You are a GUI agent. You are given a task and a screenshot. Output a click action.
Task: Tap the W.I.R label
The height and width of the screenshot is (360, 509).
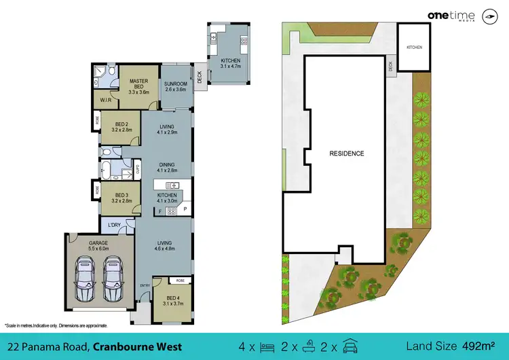(105, 100)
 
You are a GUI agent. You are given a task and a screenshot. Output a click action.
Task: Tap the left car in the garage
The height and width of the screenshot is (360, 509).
(86, 279)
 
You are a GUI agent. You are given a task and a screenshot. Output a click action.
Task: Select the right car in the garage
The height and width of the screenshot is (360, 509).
(114, 279)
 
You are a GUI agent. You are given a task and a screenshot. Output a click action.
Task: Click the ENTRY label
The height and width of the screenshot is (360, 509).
(145, 286)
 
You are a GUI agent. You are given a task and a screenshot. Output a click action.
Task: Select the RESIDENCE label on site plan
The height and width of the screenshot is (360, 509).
(347, 154)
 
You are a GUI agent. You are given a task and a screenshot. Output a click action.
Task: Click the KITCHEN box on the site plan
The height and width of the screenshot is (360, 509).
(413, 48)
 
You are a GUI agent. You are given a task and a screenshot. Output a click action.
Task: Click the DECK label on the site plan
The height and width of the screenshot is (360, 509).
(390, 66)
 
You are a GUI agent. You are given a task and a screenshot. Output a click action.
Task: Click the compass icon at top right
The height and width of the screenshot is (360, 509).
(488, 16)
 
